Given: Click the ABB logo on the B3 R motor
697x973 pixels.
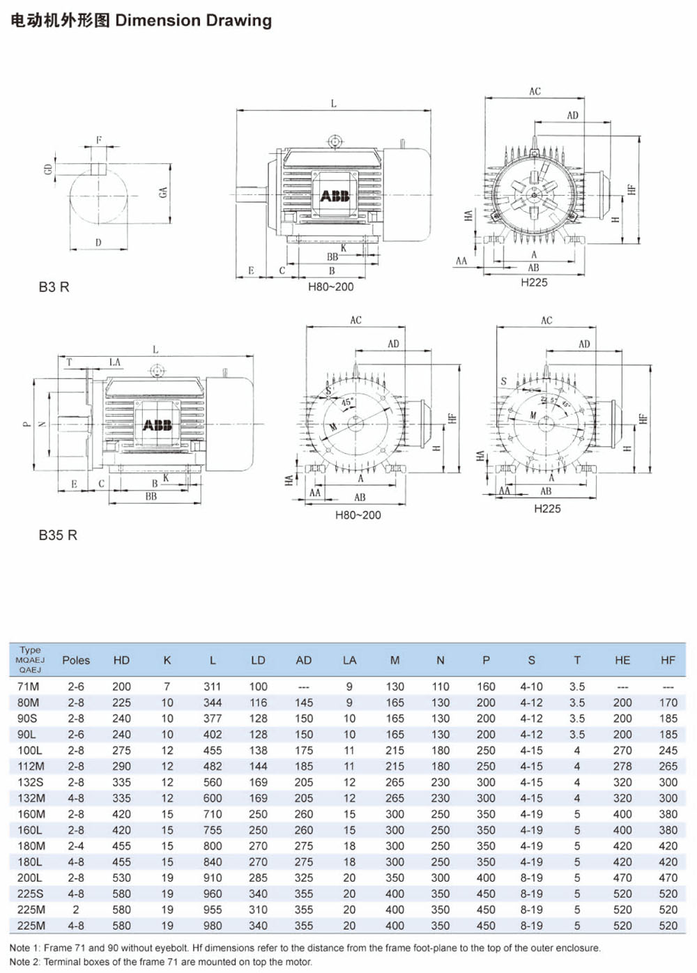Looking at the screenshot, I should coord(335,196).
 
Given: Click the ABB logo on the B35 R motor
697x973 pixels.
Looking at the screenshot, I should coord(157,424).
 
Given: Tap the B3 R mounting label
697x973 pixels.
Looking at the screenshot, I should coord(54,287).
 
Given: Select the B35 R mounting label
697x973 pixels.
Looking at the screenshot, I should coord(58,535).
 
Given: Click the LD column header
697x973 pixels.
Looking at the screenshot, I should coord(258,660).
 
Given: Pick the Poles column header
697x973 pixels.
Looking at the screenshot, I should coord(76,660).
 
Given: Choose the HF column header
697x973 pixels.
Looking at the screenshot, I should coord(668,660).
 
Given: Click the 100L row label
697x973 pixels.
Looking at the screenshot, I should coord(29,751).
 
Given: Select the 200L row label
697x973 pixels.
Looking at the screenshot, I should coord(29,878).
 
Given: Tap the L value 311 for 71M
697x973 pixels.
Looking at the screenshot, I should coord(213,687).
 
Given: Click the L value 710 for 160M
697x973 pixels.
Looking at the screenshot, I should coord(213,814).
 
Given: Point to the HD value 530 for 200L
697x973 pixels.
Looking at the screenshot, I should coord(121,878).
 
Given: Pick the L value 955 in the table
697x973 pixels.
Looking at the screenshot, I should coord(213,910).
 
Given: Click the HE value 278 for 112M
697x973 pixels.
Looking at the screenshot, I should coord(622,767).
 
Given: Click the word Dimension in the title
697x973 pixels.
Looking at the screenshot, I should coord(158,21).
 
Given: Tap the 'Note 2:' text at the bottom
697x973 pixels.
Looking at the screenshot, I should coord(24,962).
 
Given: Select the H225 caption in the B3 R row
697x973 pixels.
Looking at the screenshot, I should coord(534,282).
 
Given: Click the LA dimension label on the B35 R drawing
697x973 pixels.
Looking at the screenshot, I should coord(115,362).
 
